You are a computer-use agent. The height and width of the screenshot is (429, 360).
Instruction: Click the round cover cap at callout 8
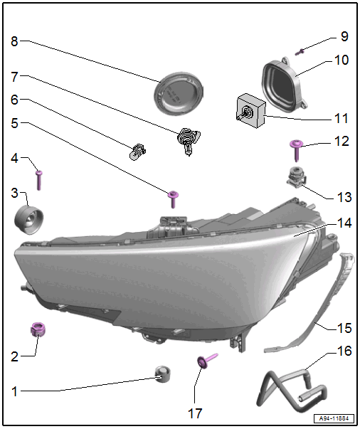[179, 92]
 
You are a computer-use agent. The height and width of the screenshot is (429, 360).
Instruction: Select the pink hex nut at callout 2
[38, 329]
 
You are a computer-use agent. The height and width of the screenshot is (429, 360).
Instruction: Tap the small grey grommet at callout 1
[162, 374]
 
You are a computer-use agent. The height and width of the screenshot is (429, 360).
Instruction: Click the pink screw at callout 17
[207, 360]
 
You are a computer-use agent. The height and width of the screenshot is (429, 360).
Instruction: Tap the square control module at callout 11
[250, 111]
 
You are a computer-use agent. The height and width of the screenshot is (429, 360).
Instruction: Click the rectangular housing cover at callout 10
[285, 83]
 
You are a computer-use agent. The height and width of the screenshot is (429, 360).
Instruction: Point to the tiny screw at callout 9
[300, 52]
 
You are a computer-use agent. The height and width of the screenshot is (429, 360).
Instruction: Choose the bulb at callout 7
[188, 140]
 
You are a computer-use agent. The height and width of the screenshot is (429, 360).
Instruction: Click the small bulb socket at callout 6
[137, 152]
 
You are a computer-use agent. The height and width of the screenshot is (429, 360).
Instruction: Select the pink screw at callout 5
[173, 199]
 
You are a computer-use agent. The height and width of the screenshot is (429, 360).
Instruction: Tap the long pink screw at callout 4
[39, 180]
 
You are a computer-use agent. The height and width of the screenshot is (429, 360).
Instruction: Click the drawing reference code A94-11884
[334, 418]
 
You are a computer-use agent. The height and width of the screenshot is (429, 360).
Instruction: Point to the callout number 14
[344, 223]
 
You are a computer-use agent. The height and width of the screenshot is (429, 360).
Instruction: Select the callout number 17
[195, 413]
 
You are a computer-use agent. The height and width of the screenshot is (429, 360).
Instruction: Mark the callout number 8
[14, 41]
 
